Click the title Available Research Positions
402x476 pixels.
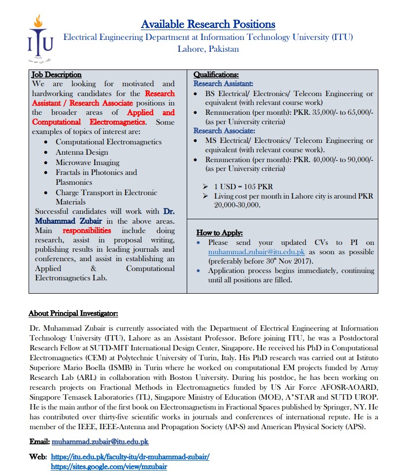click(208, 24)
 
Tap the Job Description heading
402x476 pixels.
click(57, 75)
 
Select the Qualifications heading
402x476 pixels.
click(216, 75)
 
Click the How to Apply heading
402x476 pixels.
click(220, 233)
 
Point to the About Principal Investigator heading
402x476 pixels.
click(73, 313)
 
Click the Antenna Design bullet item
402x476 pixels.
click(82, 152)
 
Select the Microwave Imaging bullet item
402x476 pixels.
click(87, 163)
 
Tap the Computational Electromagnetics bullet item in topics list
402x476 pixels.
click(108, 142)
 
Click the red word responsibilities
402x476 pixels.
click(87, 230)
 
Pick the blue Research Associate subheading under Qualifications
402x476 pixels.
click(224, 131)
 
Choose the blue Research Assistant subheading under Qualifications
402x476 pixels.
click(223, 84)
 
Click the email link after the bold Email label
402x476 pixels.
click(100, 442)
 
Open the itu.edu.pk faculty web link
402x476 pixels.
click(130, 457)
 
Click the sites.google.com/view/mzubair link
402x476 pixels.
click(109, 466)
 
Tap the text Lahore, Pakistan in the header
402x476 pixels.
click(208, 49)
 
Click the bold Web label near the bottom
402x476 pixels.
click(37, 457)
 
